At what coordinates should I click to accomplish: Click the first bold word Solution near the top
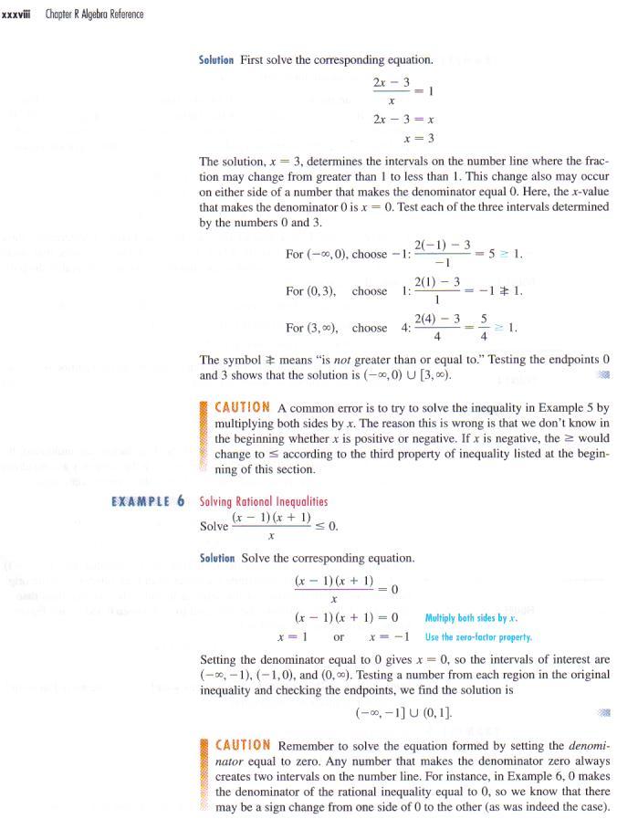click(x=216, y=60)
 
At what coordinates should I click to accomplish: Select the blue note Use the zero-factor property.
click(x=478, y=636)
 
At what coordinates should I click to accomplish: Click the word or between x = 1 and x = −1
click(x=339, y=636)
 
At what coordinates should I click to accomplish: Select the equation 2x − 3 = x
click(x=403, y=119)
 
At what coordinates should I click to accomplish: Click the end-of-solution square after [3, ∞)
click(x=599, y=375)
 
